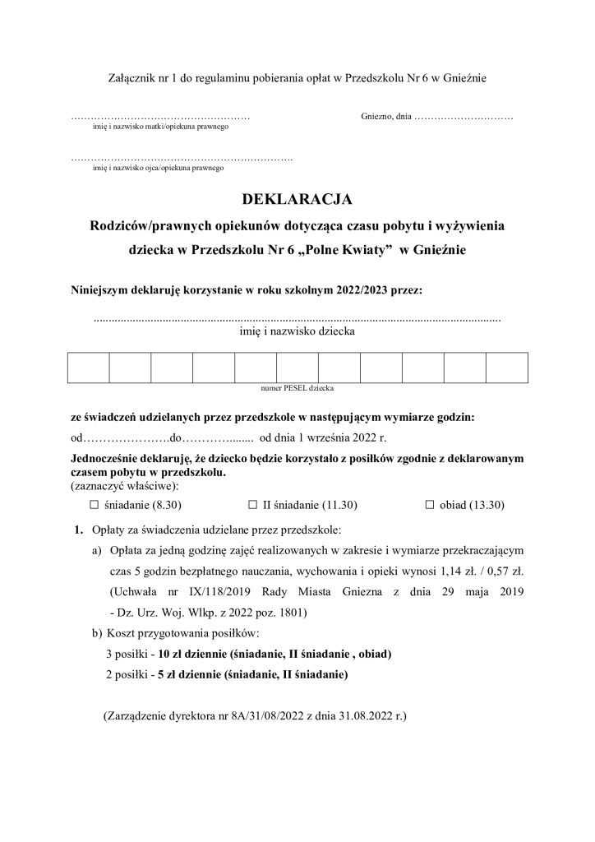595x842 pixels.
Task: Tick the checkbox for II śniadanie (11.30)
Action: point(253,506)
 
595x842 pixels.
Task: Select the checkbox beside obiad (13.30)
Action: point(429,506)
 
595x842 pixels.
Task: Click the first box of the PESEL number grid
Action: point(88,366)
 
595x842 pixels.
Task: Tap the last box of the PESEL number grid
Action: point(506,366)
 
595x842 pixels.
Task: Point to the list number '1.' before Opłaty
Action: point(80,528)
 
